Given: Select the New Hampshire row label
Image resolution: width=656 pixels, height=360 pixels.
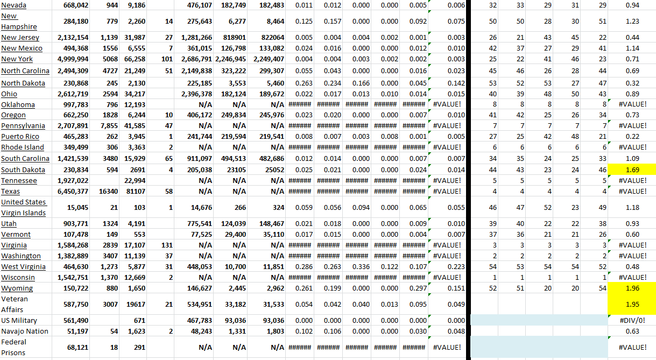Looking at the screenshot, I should tap(19, 22).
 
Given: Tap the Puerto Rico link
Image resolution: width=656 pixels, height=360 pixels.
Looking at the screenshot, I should tap(20, 137).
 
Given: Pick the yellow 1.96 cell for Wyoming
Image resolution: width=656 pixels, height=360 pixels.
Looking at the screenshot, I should tap(633, 288).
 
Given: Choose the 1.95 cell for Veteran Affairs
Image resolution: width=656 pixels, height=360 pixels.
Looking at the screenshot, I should tap(633, 305).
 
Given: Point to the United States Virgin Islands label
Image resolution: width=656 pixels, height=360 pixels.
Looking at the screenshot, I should tap(23, 207).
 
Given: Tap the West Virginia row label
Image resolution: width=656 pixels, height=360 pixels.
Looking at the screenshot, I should tap(23, 267).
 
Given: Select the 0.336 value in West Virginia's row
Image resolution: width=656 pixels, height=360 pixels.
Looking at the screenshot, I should tap(361, 267).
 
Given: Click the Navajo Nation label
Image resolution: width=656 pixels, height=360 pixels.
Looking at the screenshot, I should tap(25, 331).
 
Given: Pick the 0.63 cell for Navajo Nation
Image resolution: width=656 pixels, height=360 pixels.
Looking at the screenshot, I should tap(633, 331).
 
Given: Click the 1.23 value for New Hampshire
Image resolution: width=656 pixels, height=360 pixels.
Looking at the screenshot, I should tap(633, 22).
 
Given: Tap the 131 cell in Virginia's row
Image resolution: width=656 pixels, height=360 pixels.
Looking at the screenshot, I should tap(166, 245).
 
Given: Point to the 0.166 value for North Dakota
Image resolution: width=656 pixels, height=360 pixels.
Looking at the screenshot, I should tap(361, 83).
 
